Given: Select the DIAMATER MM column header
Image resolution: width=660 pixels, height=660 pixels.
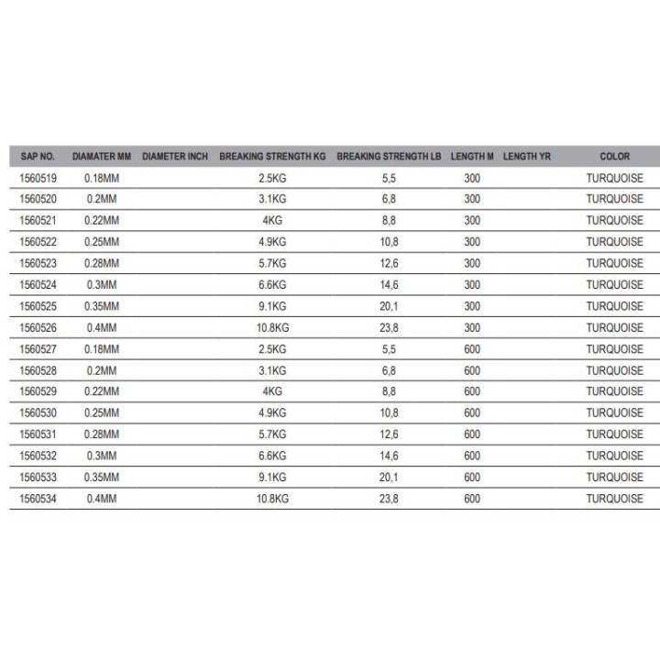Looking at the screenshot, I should point(103,157).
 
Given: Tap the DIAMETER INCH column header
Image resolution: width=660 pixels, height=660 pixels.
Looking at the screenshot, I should point(176,157).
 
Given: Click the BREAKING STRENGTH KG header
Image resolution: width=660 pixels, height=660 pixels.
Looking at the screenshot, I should point(272,157).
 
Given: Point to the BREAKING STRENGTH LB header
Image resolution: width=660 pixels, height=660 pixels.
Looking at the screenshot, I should point(389,157).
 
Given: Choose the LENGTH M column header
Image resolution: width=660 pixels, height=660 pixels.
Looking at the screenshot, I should point(472,157).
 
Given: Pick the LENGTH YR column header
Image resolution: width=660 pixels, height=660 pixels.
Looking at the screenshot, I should point(527,157).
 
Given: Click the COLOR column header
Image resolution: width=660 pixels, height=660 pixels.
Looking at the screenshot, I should point(615,157).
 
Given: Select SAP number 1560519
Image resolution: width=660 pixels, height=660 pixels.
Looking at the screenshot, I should point(38,178).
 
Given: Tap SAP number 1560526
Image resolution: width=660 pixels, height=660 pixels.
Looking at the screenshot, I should point(38,327).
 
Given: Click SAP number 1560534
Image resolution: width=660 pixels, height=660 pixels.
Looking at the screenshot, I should point(38,499).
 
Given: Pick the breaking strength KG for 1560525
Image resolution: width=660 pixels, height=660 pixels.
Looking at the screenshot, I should point(272,306).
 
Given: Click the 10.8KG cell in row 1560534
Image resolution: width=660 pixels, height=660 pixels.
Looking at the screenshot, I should point(272,499).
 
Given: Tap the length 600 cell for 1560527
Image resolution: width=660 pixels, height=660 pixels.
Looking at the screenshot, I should point(472,349).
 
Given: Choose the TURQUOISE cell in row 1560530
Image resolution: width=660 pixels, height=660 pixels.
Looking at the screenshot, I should point(615,413).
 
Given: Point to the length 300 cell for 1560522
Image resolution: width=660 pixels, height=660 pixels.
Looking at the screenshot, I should point(472,242).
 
